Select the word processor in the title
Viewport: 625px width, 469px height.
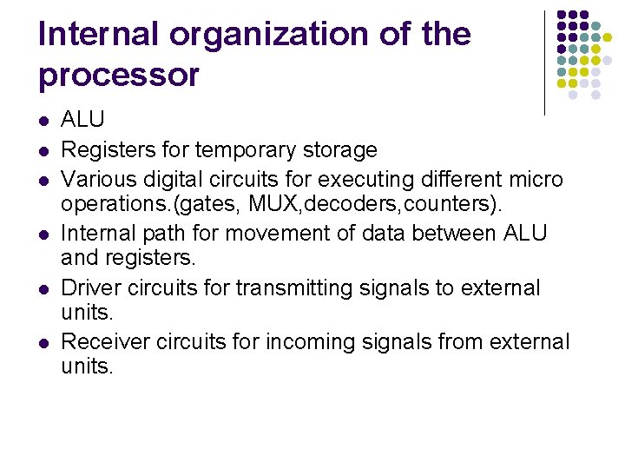118,76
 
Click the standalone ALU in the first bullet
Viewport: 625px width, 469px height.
82,120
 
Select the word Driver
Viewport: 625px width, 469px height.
90,287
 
